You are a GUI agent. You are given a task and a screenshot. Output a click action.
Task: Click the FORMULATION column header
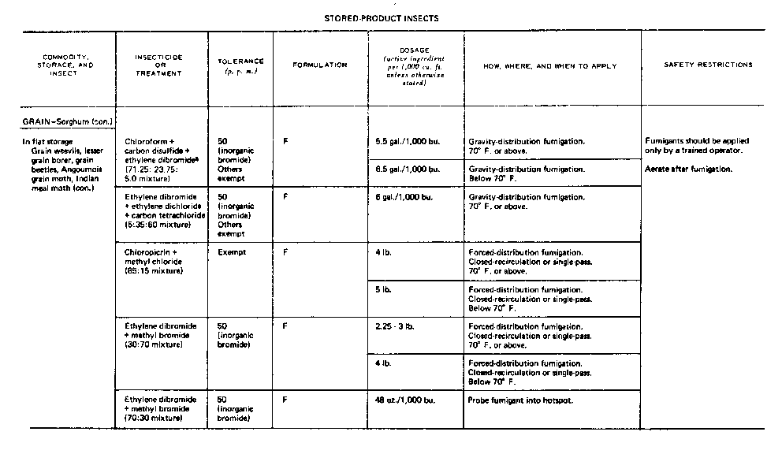(320, 65)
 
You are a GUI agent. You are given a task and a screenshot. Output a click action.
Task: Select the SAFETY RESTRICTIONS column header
(708, 65)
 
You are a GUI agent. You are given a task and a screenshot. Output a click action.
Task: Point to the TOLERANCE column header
(240, 65)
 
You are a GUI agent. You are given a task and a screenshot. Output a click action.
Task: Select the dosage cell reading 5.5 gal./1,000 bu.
(408, 141)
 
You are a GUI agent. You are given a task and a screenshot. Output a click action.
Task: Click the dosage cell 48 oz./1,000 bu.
(407, 400)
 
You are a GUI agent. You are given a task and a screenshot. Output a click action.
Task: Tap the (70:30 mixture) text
(154, 417)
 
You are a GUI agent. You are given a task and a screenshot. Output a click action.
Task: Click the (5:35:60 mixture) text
(158, 225)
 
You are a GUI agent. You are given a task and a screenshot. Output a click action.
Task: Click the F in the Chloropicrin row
(285, 253)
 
